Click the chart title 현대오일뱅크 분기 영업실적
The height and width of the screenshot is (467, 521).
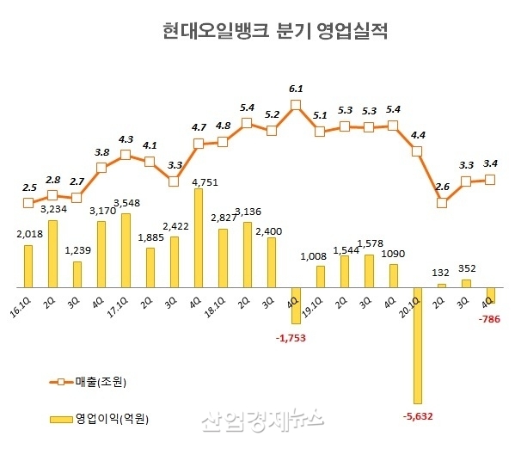[275, 32]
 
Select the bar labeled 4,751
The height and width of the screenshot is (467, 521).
[199, 237]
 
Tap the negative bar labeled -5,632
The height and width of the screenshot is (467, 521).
[418, 345]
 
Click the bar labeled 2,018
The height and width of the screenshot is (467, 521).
[28, 266]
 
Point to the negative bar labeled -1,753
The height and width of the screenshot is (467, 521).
[296, 305]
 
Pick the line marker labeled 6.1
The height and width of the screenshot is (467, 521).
[296, 106]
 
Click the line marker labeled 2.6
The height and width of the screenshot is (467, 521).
[442, 203]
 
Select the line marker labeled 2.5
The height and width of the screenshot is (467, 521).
[28, 203]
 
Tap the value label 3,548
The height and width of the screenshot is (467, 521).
[126, 204]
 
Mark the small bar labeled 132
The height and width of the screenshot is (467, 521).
[442, 285]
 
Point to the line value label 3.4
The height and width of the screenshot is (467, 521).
[491, 163]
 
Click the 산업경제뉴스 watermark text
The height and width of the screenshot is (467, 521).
[262, 420]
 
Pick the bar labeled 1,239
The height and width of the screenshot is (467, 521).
[77, 274]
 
